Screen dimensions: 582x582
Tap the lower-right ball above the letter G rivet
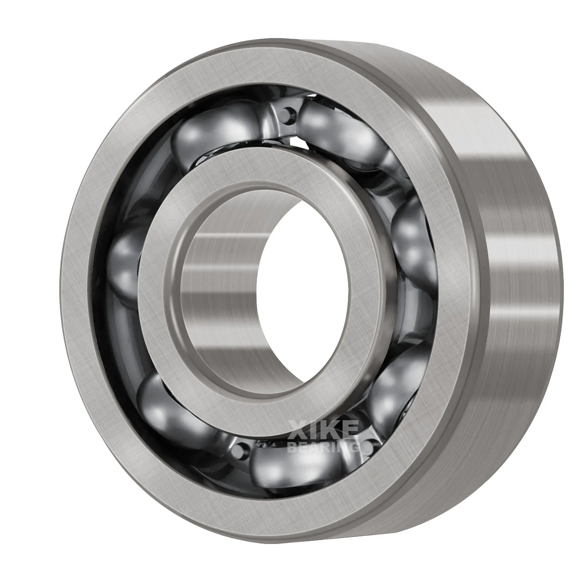coord(392,388)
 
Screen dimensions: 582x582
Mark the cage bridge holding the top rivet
coord(279,120)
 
